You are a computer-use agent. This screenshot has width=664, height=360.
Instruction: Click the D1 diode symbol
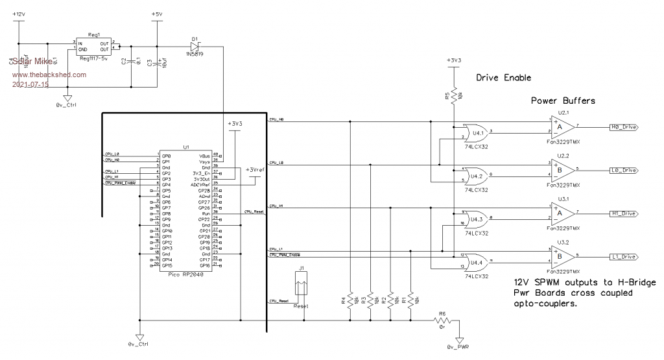(x=195, y=46)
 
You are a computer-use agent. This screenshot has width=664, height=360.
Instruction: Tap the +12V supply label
(x=19, y=14)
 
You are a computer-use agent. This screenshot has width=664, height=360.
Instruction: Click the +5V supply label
(x=156, y=14)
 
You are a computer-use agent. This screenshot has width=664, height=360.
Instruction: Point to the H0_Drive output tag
(x=624, y=128)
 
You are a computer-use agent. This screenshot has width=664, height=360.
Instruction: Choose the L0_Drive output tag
(x=624, y=170)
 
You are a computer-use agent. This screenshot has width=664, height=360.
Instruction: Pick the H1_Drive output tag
(x=624, y=213)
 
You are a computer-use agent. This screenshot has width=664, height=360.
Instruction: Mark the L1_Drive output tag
(x=624, y=256)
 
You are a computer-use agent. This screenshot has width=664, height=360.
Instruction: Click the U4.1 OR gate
(x=478, y=132)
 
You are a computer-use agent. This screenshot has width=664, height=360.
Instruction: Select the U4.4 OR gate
(x=478, y=261)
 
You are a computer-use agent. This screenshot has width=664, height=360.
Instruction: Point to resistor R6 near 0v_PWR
(x=443, y=320)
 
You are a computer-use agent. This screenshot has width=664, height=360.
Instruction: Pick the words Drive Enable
(x=503, y=78)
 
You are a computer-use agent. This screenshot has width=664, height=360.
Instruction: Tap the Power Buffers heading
(x=563, y=101)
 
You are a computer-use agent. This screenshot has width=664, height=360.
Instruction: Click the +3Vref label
(x=257, y=170)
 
